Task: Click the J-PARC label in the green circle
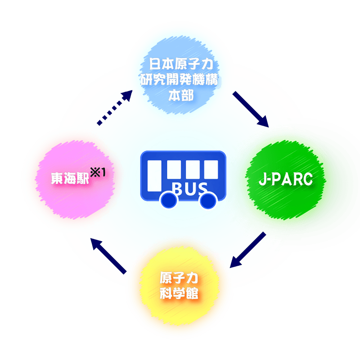tap(285, 179)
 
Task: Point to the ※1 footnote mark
tap(100, 172)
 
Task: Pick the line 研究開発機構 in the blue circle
tap(179, 81)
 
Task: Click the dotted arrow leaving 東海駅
tap(114, 107)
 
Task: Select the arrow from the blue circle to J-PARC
tap(250, 109)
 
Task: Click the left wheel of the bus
tap(169, 201)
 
